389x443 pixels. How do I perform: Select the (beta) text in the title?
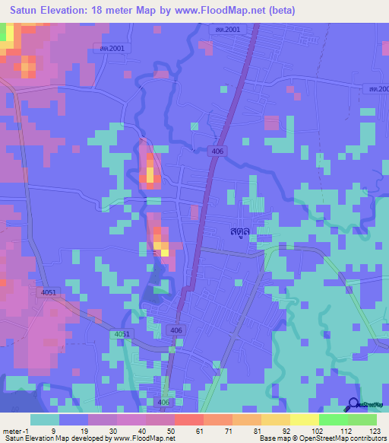click(277, 11)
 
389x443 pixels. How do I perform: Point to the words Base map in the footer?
click(271, 438)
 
